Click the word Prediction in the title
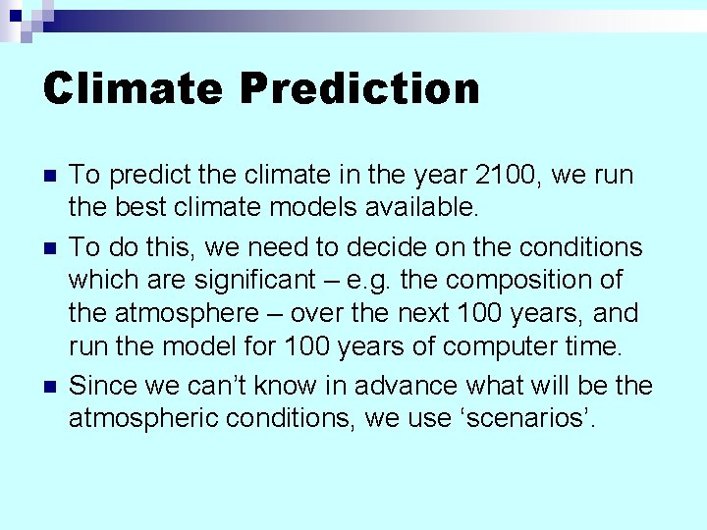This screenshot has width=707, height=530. pyautogui.click(x=359, y=88)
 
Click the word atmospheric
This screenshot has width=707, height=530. pyautogui.click(x=141, y=419)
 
